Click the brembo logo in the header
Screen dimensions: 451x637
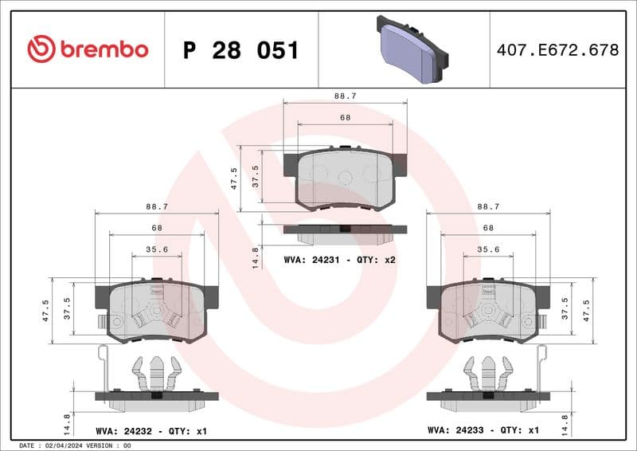click(x=88, y=49)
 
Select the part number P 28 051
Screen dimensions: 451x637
click(x=240, y=50)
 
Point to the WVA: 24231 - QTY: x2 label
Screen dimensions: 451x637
click(x=340, y=260)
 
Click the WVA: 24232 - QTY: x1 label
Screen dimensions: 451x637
click(x=151, y=430)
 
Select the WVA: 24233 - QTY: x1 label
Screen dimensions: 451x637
click(x=483, y=430)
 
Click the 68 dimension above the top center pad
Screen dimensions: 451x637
click(x=345, y=117)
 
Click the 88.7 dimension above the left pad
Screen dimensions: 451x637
click(x=156, y=206)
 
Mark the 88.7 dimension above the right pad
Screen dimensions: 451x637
click(x=488, y=206)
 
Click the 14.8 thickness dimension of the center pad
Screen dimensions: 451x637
click(x=255, y=257)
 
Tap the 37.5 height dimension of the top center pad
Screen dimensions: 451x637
click(x=255, y=175)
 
